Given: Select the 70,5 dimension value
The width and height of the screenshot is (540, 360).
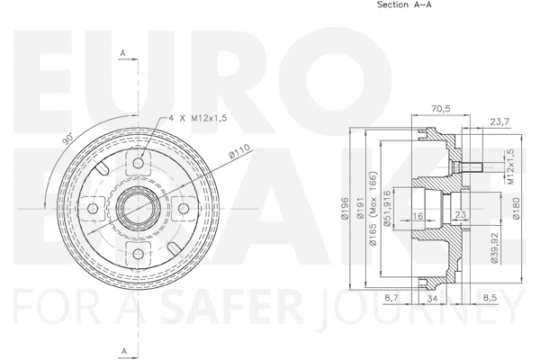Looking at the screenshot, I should (x=440, y=108).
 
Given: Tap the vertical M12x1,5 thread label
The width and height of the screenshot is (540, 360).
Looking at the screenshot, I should (x=508, y=168).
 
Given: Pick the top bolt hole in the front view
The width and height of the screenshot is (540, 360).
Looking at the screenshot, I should (x=139, y=164).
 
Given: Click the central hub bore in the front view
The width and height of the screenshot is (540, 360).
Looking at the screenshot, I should (x=139, y=209).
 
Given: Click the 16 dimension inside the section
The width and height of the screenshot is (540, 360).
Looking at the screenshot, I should (x=418, y=215).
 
